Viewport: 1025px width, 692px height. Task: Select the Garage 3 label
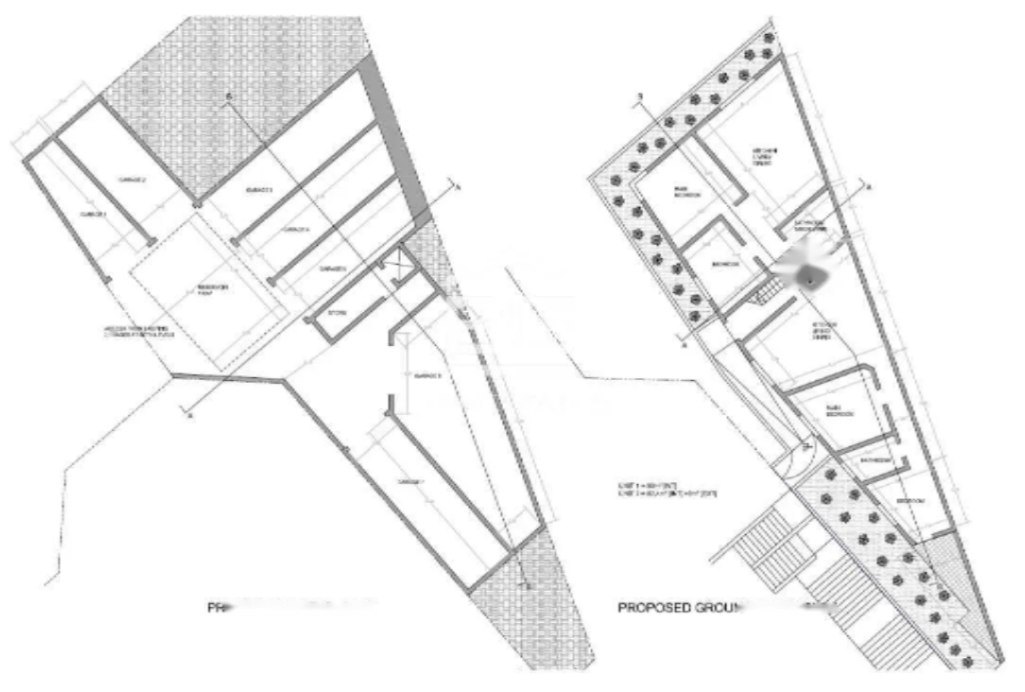point(259,192)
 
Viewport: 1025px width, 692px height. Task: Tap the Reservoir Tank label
point(210,289)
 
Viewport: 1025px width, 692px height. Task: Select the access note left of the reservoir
point(138,332)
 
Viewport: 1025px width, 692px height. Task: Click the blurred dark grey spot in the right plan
point(809,276)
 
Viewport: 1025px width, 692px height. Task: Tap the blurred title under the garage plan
point(293,605)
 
